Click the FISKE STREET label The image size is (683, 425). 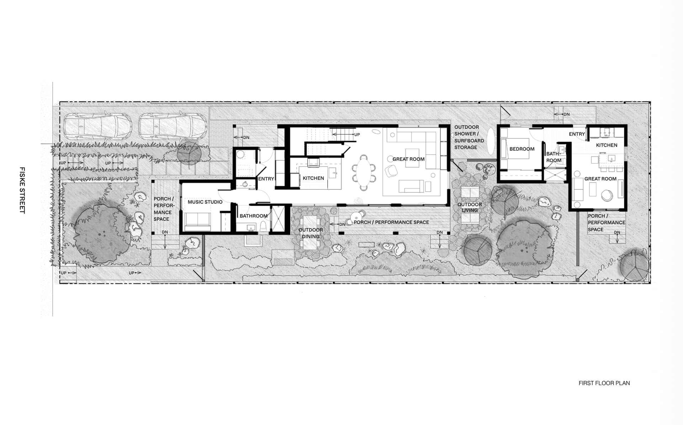(22, 190)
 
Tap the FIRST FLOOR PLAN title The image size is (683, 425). (604, 383)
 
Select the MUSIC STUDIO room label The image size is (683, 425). (205, 202)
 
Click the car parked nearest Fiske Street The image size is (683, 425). (98, 127)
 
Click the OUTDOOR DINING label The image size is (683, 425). (311, 233)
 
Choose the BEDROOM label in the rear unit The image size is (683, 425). (521, 149)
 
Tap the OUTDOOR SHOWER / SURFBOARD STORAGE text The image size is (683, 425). (469, 137)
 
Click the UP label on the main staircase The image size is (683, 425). (357, 135)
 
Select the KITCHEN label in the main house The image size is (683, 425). (313, 178)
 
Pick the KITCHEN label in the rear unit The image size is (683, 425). (607, 145)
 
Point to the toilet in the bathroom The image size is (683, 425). (263, 226)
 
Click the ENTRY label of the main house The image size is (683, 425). (266, 179)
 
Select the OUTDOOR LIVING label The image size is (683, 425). (470, 207)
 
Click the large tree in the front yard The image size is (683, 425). (101, 233)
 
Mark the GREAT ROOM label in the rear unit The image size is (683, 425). (600, 179)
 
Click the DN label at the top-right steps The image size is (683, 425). (566, 114)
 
